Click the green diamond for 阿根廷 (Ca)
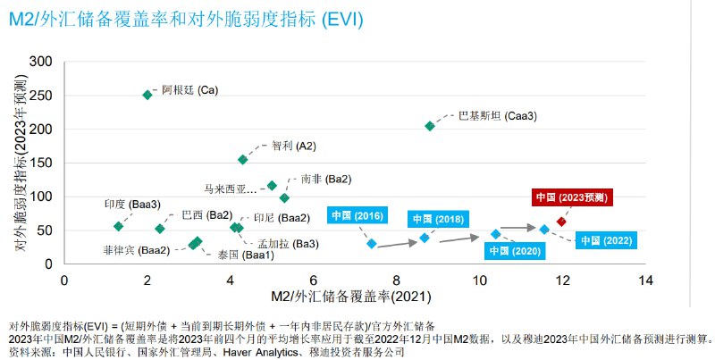pos(147,95)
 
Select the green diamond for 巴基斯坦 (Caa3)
pos(430,126)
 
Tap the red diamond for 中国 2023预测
pos(561,222)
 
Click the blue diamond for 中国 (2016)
pos(373,243)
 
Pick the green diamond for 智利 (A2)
pos(243,160)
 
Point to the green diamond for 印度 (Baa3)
pos(119,226)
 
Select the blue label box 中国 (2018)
pos(438,219)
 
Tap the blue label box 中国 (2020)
pos(516,251)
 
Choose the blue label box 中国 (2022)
pos(605,240)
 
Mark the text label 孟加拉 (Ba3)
pos(288,244)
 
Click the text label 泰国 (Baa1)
pos(240,255)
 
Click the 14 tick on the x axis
pos(645,280)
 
